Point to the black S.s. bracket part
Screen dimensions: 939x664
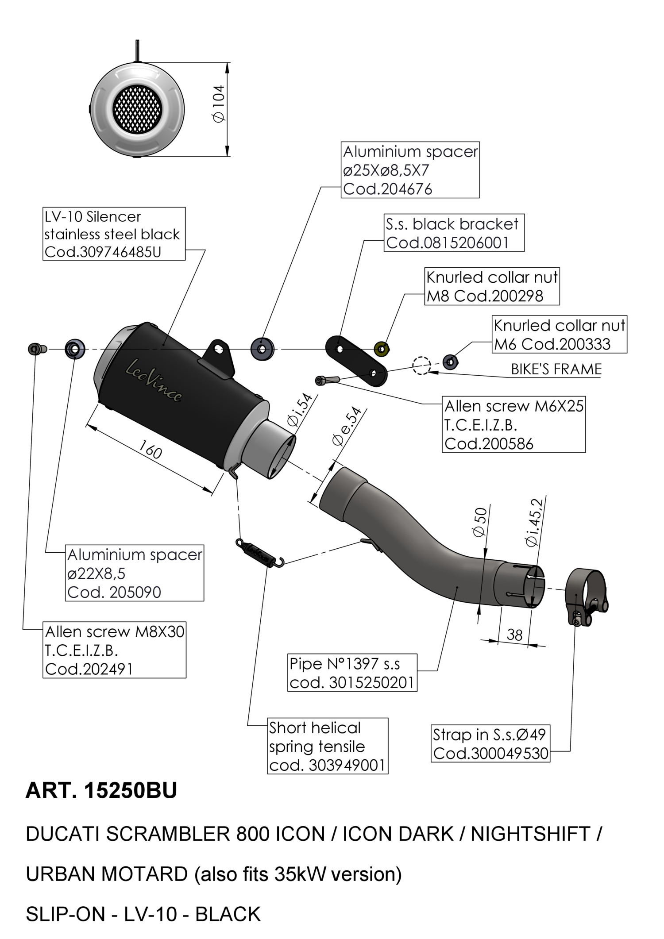pyautogui.click(x=356, y=360)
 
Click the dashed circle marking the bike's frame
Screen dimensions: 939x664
pyautogui.click(x=421, y=366)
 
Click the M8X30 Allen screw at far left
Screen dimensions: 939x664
pyautogui.click(x=37, y=349)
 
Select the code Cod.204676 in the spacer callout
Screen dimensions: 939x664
pyautogui.click(x=387, y=189)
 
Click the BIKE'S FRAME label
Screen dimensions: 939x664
pyautogui.click(x=556, y=369)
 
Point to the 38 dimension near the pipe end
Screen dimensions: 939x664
pyautogui.click(x=514, y=635)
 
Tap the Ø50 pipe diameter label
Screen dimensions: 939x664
pyautogui.click(x=480, y=522)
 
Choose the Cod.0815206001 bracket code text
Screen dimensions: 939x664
pyautogui.click(x=447, y=242)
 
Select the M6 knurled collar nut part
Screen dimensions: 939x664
pyautogui.click(x=451, y=362)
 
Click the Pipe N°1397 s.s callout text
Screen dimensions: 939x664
pyautogui.click(x=345, y=664)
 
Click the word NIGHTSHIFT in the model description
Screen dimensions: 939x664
pyautogui.click(x=530, y=834)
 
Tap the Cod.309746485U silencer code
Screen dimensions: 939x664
pyautogui.click(x=103, y=252)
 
